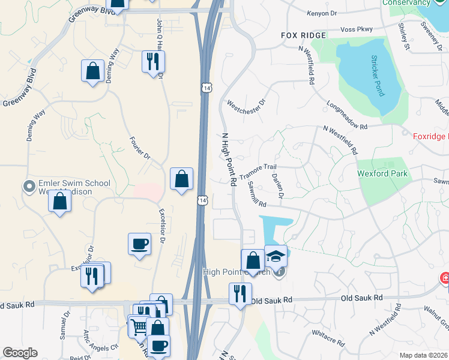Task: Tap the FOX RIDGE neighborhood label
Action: coord(304,35)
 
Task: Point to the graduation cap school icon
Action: coord(276,257)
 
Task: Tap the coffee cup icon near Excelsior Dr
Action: coord(139,244)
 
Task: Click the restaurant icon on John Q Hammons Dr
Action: coord(153,61)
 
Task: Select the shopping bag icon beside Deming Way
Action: coord(93,71)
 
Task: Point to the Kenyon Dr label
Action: coord(321,13)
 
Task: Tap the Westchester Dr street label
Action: coord(246,107)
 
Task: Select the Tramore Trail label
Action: coord(258,172)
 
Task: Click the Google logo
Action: coord(20,353)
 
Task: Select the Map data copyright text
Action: coord(423,355)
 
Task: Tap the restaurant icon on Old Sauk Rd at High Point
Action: coord(240,294)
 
